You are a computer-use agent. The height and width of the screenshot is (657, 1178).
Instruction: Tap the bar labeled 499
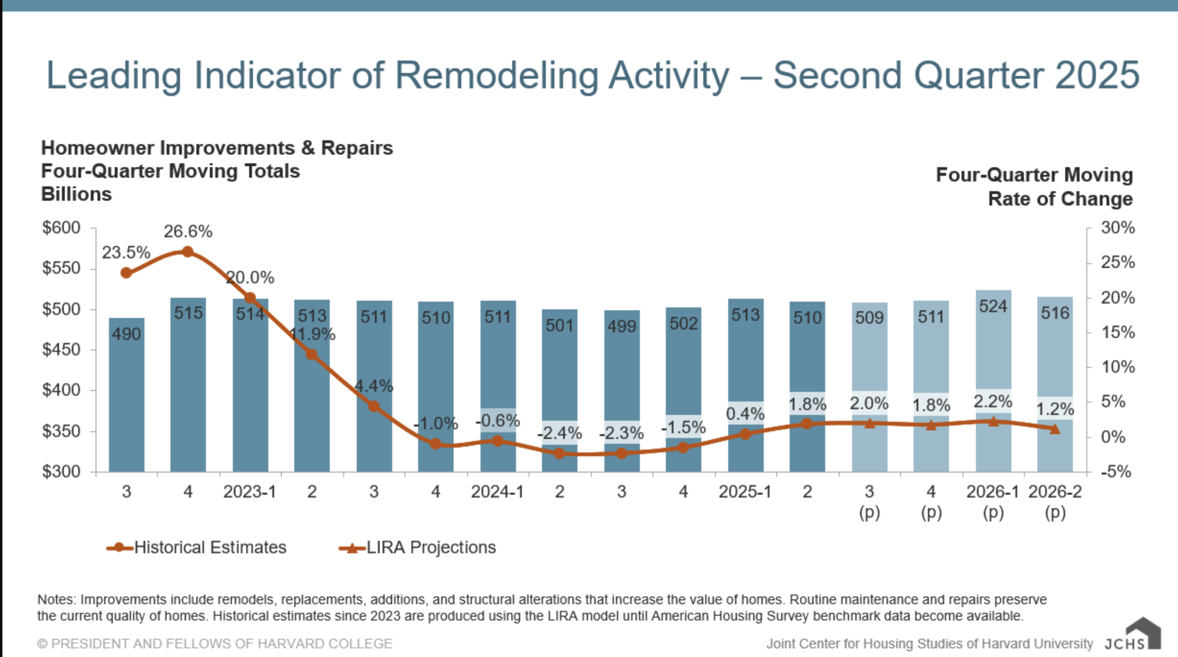622,375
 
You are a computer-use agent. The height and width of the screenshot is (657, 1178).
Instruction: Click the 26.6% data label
188,231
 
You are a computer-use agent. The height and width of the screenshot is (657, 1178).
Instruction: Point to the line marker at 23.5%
126,273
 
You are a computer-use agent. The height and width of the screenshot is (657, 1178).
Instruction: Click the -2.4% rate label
560,433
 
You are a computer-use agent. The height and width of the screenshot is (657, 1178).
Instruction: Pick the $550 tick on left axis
61,268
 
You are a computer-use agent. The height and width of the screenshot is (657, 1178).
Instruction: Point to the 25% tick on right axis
1118,262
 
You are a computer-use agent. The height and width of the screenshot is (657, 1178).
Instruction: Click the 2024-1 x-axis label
497,492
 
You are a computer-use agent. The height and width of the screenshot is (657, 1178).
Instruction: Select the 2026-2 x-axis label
1055,492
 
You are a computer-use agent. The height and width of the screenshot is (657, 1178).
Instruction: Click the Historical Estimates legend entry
210,547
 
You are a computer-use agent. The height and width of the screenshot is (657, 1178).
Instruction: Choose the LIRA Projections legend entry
431,547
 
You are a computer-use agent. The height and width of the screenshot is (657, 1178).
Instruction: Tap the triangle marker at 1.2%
1055,429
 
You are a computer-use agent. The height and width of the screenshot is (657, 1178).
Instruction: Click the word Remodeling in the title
496,75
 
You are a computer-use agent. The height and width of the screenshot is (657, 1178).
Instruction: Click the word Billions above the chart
76,195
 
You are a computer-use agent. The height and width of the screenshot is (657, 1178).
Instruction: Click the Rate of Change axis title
1060,199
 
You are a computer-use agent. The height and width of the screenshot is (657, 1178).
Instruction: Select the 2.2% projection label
993,401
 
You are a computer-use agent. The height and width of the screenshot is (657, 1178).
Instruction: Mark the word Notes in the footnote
56,600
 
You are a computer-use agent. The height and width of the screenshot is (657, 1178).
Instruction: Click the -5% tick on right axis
1116,472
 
